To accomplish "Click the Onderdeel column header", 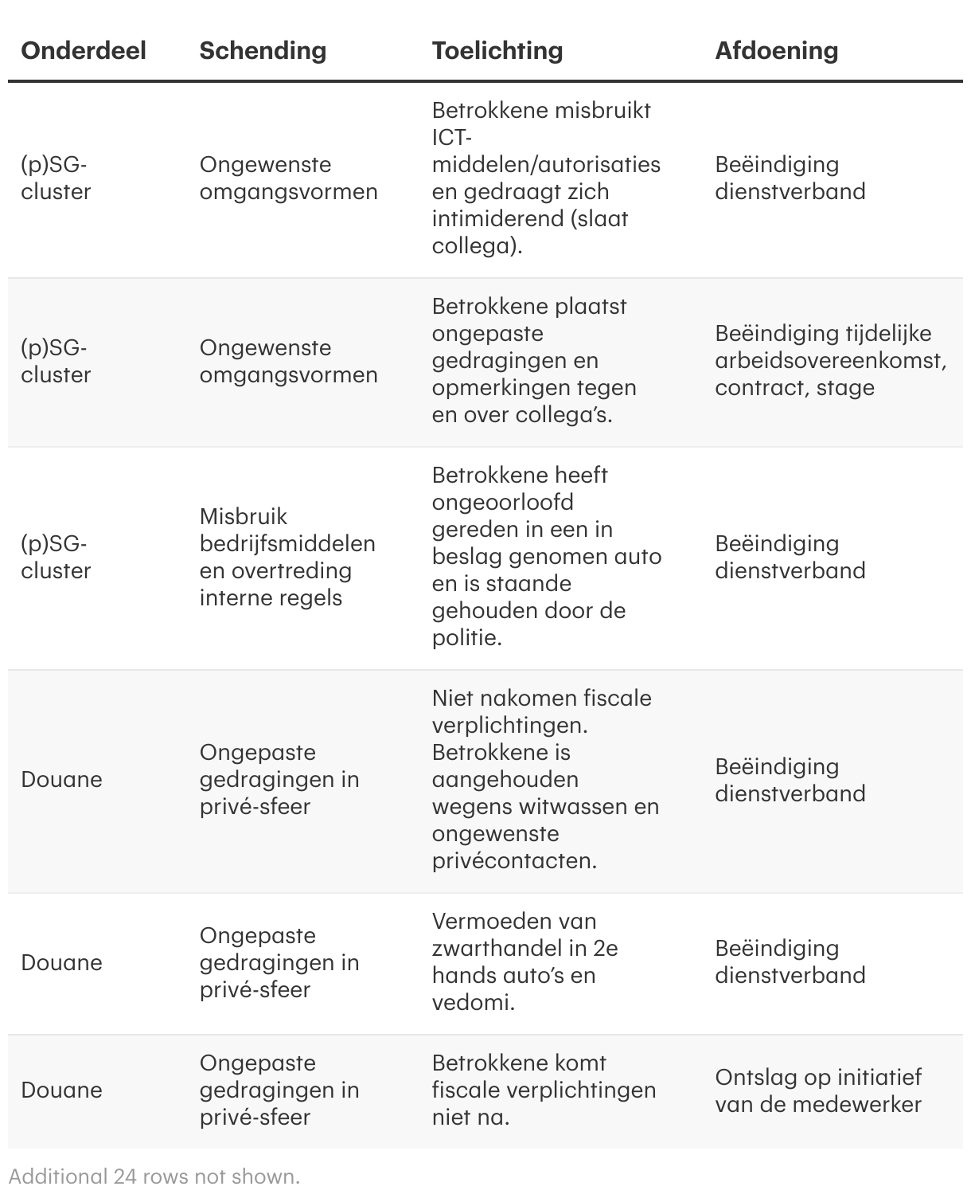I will (x=84, y=50).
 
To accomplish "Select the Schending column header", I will (x=263, y=50).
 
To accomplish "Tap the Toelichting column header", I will (x=497, y=50).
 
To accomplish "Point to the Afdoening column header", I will (x=776, y=50).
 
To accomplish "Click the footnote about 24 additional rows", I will (x=154, y=1176).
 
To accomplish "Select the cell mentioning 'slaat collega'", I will (x=546, y=178).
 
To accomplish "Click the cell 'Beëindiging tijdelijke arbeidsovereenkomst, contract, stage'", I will (x=830, y=360).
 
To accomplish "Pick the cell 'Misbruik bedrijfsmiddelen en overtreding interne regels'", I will (x=287, y=557).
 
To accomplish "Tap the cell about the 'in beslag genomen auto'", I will (x=546, y=556).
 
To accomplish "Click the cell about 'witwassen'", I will (x=546, y=779).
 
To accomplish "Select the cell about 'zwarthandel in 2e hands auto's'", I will (x=525, y=961).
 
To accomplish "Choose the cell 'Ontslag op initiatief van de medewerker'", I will (x=818, y=1090).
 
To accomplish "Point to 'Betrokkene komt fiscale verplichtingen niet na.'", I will (x=544, y=1090).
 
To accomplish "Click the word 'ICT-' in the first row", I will (x=452, y=137).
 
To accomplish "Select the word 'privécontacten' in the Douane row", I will (x=513, y=861).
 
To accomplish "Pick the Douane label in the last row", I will (x=61, y=1090).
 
